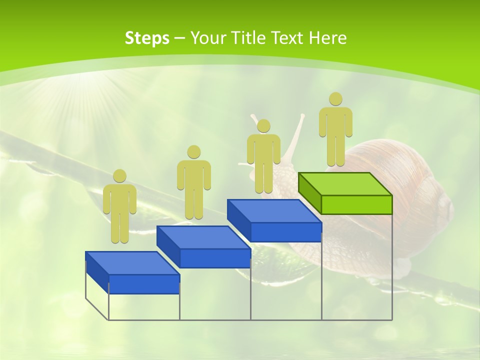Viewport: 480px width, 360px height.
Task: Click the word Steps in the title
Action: pos(147,38)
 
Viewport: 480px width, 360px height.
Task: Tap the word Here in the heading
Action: pos(328,38)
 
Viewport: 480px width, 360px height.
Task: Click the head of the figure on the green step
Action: pos(335,99)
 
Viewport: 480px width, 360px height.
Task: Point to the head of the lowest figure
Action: pos(119,176)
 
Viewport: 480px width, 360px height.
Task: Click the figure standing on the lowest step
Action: pos(119,207)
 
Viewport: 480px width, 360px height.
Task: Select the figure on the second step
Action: pos(193,182)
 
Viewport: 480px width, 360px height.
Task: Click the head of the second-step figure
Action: pos(193,152)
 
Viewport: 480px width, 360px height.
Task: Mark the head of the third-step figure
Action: pos(263,125)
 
